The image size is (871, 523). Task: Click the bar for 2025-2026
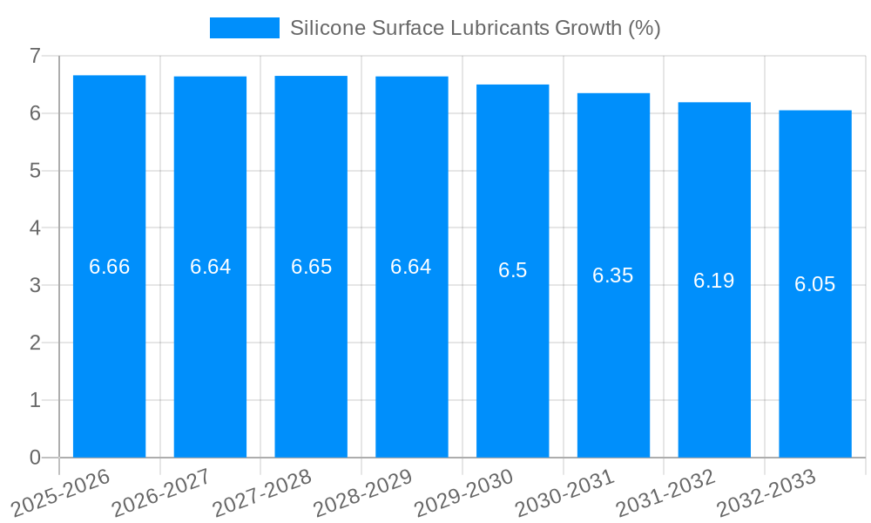coord(109,349)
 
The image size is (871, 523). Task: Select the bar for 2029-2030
coord(512,366)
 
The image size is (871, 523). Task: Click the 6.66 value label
coord(110,267)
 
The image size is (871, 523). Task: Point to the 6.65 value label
coord(311,267)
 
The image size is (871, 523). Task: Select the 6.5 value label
coord(512,270)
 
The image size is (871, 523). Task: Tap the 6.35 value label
coord(613,275)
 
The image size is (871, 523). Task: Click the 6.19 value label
coord(713,281)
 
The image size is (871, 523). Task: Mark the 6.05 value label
coord(814,284)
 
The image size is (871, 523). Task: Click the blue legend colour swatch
coord(244,28)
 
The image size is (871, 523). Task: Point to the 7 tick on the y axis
coord(35,56)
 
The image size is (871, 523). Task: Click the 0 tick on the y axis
coord(35,458)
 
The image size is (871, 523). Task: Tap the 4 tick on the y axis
coord(35,228)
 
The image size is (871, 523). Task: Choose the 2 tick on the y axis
coord(35,343)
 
